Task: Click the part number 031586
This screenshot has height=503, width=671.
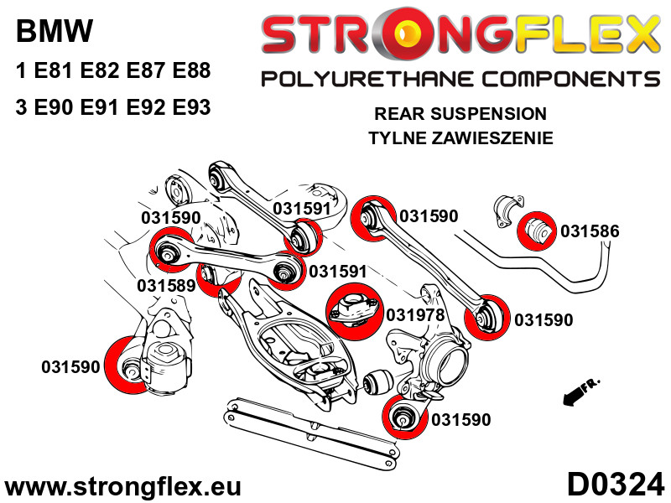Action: pyautogui.click(x=590, y=231)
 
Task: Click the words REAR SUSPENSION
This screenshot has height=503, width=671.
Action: pyautogui.click(x=460, y=113)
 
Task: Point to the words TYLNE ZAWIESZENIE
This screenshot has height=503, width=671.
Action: pyautogui.click(x=460, y=138)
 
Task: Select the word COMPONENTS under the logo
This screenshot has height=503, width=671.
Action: pyautogui.click(x=564, y=80)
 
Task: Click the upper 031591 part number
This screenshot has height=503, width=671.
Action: pyautogui.click(x=302, y=209)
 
